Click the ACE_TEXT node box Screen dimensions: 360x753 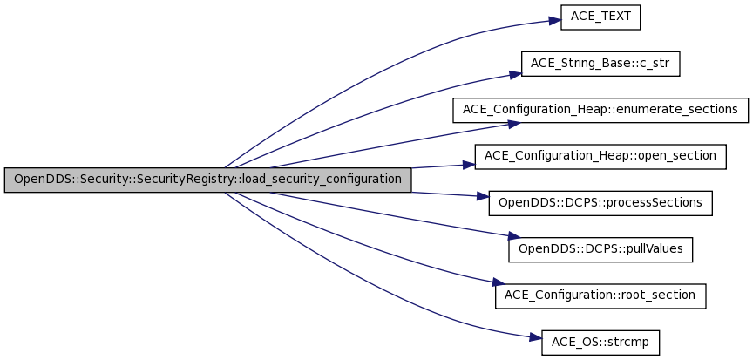(x=601, y=17)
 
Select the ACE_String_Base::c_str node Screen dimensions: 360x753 (x=600, y=64)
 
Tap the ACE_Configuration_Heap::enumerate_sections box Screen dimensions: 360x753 (x=600, y=110)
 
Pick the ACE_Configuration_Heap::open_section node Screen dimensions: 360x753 (x=600, y=156)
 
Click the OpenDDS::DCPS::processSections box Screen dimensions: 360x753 (x=600, y=203)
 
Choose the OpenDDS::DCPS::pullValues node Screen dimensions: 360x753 (x=600, y=249)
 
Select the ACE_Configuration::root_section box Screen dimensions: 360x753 (x=600, y=295)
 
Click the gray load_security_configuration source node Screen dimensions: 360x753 (x=207, y=180)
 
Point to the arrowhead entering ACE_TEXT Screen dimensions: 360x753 (x=554, y=20)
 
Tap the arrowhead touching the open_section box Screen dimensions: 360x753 (x=468, y=163)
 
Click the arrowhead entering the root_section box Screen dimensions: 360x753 (x=496, y=284)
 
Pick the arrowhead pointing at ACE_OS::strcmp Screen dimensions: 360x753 (x=536, y=337)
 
